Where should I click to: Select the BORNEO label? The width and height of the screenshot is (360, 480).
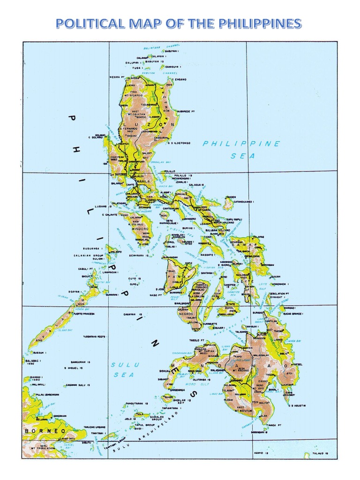pos(42,430)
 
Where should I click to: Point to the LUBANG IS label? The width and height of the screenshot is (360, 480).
pos(102,206)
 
